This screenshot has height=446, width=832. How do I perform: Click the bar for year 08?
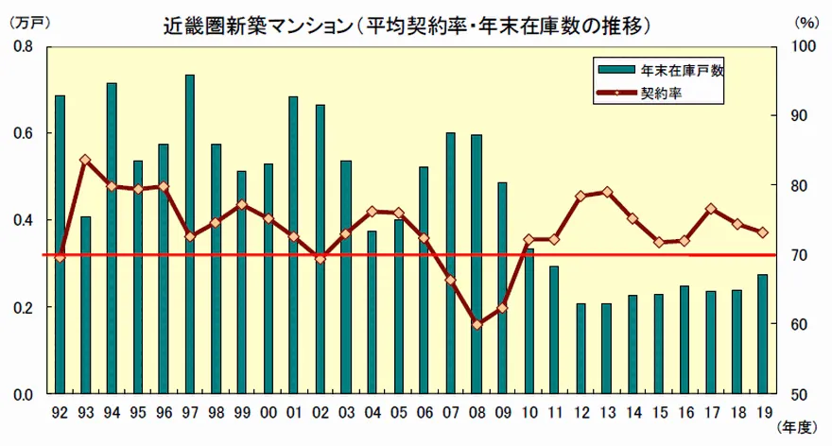pos(477,264)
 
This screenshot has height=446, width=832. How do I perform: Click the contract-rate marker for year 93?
pos(85,160)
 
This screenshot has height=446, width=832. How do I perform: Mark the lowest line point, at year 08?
pos(477,324)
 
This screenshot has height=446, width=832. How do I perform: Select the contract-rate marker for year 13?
pos(606,192)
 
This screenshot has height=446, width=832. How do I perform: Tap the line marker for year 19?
pos(762,232)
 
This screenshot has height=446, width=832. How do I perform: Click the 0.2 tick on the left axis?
pos(21,307)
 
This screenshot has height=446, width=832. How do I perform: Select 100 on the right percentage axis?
pos(800,46)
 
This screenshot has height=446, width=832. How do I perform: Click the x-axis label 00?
pos(269,412)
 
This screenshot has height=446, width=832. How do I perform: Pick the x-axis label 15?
pos(658,412)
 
